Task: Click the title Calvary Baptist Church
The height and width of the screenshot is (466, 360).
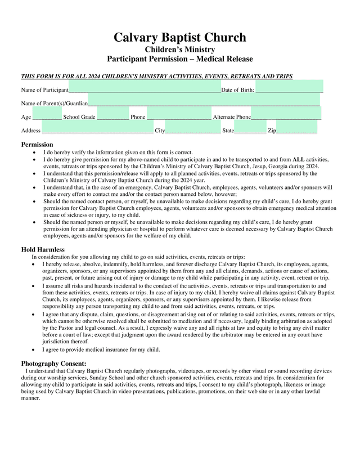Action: [x=180, y=38]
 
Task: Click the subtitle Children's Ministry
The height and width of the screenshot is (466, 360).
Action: [x=180, y=50]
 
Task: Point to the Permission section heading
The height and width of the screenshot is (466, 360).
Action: [x=37, y=145]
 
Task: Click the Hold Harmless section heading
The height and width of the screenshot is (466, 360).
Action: [x=43, y=249]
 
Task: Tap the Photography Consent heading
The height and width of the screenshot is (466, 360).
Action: [x=53, y=364]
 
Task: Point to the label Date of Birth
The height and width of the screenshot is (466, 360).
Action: [x=237, y=90]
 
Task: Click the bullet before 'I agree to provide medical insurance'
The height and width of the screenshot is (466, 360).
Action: [x=36, y=349]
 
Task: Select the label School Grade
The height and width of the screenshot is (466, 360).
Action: [x=79, y=117]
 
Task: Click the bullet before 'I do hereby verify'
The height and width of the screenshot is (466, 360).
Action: [x=36, y=153]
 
